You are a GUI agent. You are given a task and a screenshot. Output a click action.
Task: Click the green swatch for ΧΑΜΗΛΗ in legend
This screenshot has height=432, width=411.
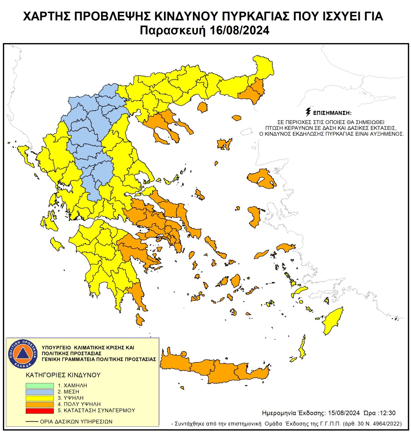point(39,385)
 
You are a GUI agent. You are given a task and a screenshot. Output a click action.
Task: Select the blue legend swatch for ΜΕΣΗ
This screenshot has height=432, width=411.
point(39,392)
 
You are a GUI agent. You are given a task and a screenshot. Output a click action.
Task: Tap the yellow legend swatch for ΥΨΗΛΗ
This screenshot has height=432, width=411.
point(39,398)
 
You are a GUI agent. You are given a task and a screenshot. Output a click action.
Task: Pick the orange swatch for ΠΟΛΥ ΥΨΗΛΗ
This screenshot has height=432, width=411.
point(39,404)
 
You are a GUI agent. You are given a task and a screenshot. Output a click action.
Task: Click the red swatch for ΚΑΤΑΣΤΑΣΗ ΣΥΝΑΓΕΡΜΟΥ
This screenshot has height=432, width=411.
point(39,411)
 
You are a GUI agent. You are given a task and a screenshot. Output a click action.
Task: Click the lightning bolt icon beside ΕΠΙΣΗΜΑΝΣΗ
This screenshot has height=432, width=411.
point(308,112)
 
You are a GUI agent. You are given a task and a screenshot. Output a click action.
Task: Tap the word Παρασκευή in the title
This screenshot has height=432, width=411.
point(173,31)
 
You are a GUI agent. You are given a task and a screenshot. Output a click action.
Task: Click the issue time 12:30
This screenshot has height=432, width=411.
point(388,413)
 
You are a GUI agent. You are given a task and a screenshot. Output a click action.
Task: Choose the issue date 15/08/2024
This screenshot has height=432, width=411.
point(344,413)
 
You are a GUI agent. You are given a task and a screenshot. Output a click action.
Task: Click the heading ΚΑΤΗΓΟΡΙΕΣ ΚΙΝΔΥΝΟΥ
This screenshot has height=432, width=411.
point(63,375)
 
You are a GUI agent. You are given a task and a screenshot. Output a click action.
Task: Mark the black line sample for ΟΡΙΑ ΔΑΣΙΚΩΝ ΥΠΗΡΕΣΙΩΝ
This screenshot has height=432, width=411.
point(32,422)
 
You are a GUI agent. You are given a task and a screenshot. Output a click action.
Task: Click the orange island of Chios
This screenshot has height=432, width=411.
point(254,216)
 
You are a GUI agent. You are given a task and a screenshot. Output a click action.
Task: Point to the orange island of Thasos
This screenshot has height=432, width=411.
point(202,107)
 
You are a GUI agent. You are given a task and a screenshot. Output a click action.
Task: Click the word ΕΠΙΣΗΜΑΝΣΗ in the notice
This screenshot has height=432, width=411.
point(332,113)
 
